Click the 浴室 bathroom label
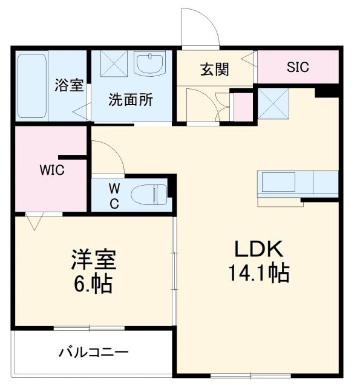click(x=68, y=86)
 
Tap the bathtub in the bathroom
click(x=32, y=85)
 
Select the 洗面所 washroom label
click(x=131, y=99)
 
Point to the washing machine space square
click(x=111, y=64)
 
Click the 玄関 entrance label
click(x=214, y=70)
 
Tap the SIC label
click(x=298, y=67)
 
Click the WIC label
click(x=52, y=170)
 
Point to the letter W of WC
click(x=114, y=188)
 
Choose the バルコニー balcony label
click(x=94, y=352)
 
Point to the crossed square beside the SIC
click(x=274, y=103)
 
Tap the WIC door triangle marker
click(x=34, y=221)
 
